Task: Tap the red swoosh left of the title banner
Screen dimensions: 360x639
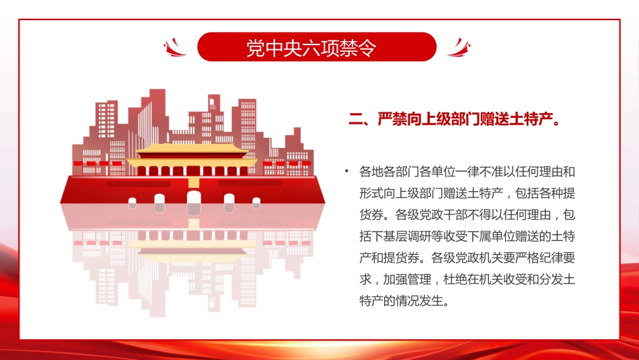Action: pos(176,48)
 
